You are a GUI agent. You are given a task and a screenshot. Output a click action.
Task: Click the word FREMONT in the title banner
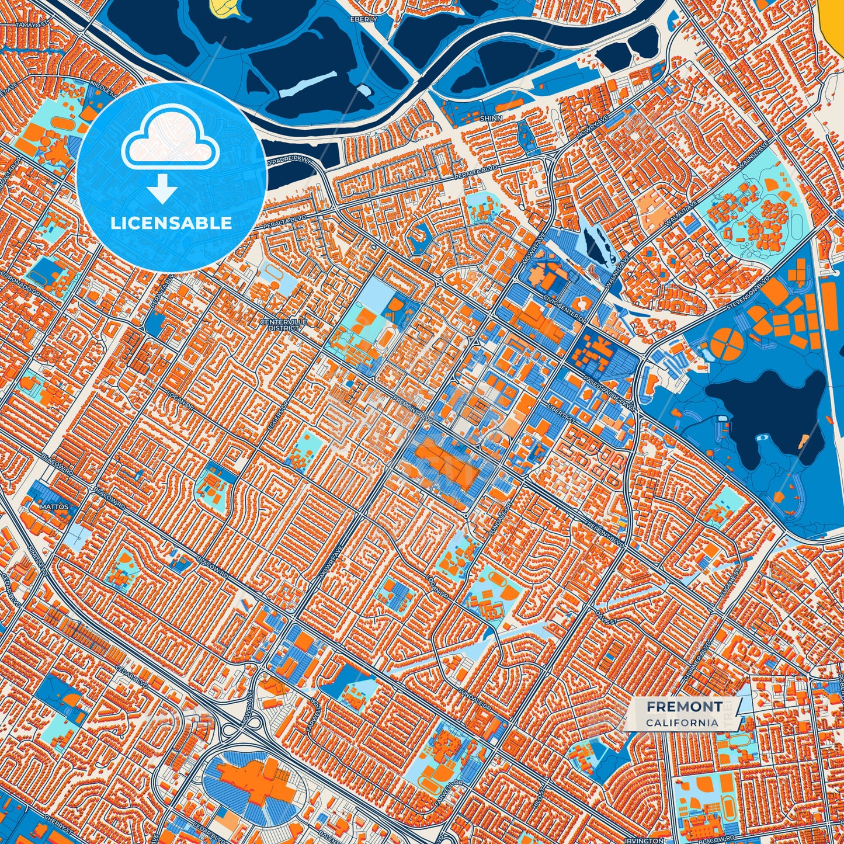pos(683,706)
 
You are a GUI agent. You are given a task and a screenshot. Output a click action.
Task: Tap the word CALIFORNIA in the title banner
pos(682,723)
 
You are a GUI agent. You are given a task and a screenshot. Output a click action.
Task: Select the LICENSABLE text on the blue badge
pos(172,223)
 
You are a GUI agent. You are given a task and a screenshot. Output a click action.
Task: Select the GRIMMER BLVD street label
pos(697,665)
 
